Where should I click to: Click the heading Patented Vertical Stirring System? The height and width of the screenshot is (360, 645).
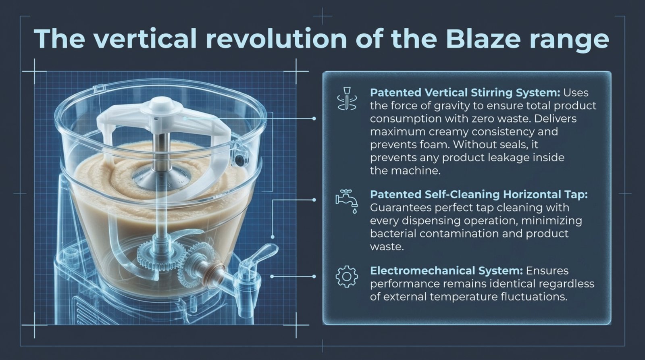[465, 93]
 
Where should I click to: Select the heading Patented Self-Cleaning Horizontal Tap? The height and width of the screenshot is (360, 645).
[479, 195]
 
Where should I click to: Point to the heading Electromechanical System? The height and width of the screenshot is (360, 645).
[447, 271]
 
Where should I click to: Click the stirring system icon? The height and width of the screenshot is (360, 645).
[347, 98]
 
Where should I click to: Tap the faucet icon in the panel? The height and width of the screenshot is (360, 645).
[347, 201]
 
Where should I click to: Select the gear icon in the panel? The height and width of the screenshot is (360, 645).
[347, 276]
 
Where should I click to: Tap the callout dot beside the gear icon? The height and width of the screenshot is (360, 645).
[314, 277]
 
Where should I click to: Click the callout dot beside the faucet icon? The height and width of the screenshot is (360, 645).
[314, 200]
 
